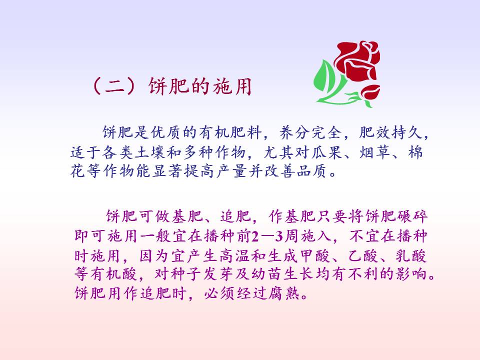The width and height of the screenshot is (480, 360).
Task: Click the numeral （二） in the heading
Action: pos(114,86)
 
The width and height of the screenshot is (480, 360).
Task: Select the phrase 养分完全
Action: pos(310,132)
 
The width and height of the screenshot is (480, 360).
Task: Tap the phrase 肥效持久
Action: pos(390,132)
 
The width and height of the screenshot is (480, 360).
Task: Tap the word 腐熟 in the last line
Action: pos(283,293)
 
